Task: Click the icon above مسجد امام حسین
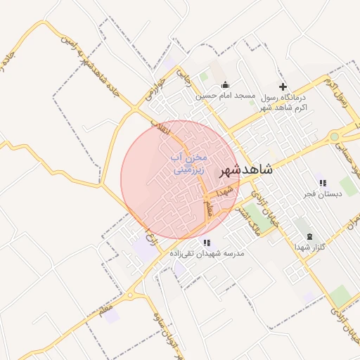pos(225,85)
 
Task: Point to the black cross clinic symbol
pos(283,86)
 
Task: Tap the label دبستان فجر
pos(323,193)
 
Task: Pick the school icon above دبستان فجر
pos(323,183)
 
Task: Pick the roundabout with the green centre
pos(335,136)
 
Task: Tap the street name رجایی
pos(186,77)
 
